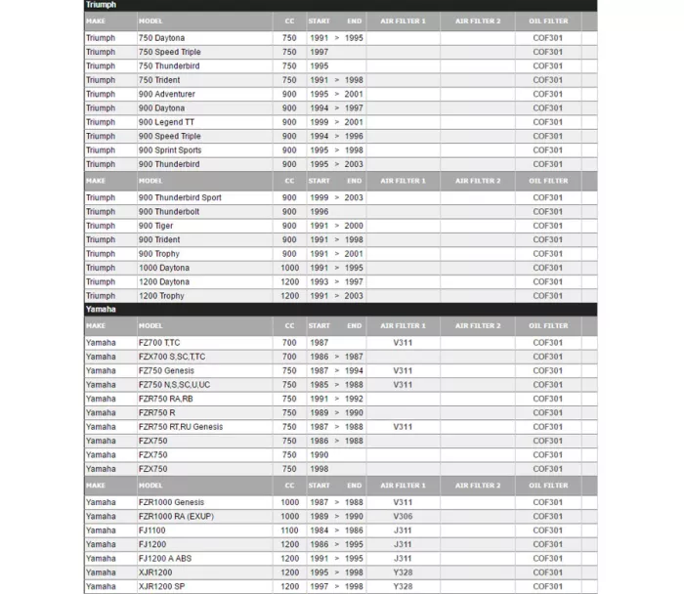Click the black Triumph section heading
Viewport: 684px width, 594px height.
[101, 5]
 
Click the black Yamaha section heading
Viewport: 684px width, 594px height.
[101, 310]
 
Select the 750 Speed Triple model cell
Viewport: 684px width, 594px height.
[170, 52]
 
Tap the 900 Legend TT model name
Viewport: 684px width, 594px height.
[167, 122]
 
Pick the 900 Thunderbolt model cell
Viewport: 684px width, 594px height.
[169, 212]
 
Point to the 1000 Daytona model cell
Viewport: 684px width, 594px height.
[164, 268]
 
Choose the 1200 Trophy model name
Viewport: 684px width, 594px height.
[161, 296]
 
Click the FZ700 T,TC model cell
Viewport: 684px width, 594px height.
[159, 343]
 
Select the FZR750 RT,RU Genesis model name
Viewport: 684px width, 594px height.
[181, 427]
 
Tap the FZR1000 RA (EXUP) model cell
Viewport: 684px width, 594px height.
[176, 516]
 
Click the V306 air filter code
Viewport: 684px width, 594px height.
[403, 516]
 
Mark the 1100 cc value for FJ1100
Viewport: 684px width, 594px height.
[289, 530]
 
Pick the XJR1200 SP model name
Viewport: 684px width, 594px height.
[161, 587]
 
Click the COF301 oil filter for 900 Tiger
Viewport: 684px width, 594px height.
[547, 226]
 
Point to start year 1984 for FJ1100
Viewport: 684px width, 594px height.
[320, 530]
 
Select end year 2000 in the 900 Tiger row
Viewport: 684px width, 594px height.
[354, 226]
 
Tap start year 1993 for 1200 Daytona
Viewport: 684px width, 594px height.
[320, 282]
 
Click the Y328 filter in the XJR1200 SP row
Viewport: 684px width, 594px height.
[403, 587]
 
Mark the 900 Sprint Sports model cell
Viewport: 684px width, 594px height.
[170, 150]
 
